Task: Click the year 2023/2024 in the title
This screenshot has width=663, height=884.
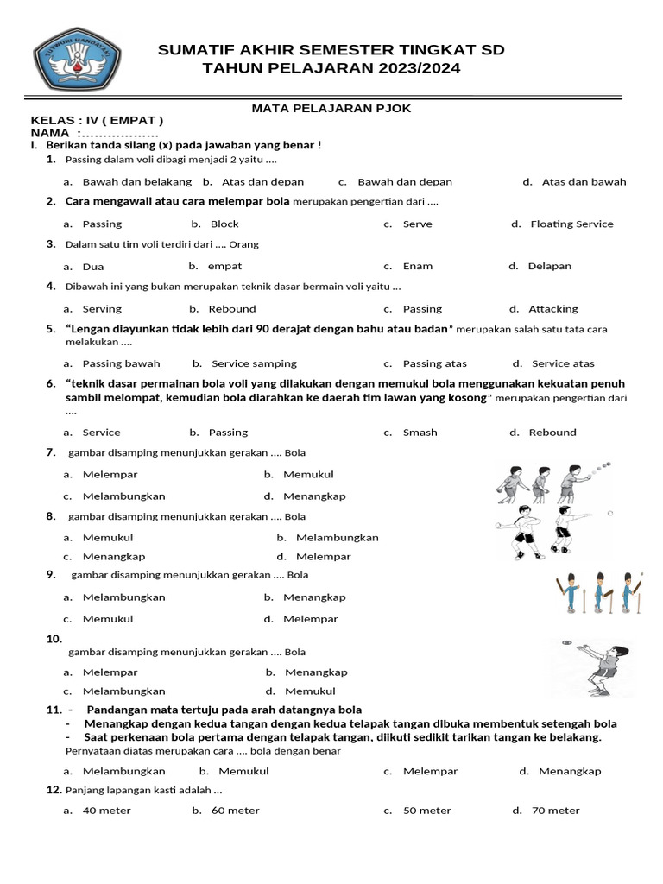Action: pyautogui.click(x=414, y=69)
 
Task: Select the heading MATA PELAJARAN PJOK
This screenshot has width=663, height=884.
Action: pyautogui.click(x=331, y=108)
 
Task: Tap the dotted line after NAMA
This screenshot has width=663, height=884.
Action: pyautogui.click(x=118, y=134)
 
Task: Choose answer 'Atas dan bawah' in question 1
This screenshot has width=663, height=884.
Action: pyautogui.click(x=584, y=182)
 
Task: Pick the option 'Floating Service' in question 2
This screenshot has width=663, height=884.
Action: pyautogui.click(x=571, y=224)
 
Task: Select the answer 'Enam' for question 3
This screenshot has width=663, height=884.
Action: pyautogui.click(x=418, y=267)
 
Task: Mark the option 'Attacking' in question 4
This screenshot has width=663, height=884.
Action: pyautogui.click(x=553, y=309)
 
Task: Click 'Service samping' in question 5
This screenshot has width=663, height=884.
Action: pyautogui.click(x=254, y=364)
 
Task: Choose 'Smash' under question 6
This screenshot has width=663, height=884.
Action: pyautogui.click(x=420, y=433)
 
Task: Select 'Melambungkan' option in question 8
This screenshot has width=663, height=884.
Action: pyautogui.click(x=337, y=538)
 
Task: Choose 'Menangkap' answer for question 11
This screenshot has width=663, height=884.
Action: pyautogui.click(x=570, y=772)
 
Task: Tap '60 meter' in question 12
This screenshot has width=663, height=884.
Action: pyautogui.click(x=235, y=811)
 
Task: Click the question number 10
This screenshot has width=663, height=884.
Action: pyautogui.click(x=54, y=640)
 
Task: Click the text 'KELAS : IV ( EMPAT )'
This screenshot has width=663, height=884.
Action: pyautogui.click(x=97, y=121)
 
